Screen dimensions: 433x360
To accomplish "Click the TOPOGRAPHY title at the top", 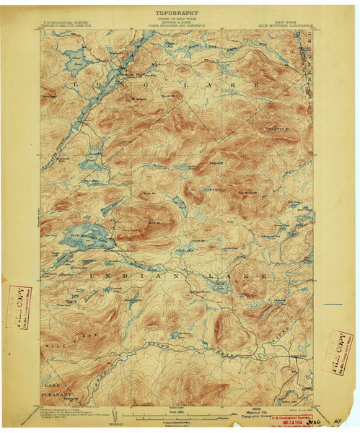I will point(177,13).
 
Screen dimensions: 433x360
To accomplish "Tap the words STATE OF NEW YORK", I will point(177,21).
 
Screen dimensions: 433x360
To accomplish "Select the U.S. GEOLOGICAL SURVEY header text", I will point(66,22).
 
